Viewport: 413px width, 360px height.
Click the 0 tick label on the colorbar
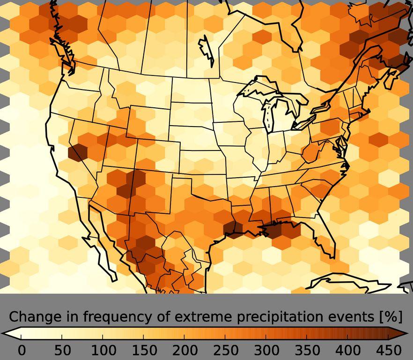(x=22, y=350)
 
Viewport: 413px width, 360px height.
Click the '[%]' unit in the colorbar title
(x=391, y=317)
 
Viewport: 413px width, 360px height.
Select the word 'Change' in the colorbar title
(x=30, y=317)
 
